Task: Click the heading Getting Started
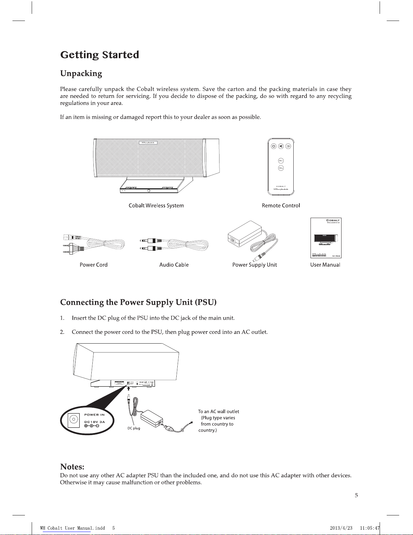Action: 99,55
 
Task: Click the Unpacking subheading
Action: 81,74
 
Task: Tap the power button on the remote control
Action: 273,146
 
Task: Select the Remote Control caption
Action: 281,206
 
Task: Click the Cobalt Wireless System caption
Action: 156,206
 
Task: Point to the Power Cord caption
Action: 93,265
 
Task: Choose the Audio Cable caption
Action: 174,265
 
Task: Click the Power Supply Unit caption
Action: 255,265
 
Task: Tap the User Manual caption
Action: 325,265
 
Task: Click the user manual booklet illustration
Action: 326,238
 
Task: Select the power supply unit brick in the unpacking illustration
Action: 245,234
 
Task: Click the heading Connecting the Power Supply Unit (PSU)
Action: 138,302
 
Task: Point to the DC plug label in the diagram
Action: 134,428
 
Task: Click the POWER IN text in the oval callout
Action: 94,415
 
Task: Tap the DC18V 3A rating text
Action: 94,422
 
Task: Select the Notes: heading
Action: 72,467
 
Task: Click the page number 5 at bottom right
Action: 356,496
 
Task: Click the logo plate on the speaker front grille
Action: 148,142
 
